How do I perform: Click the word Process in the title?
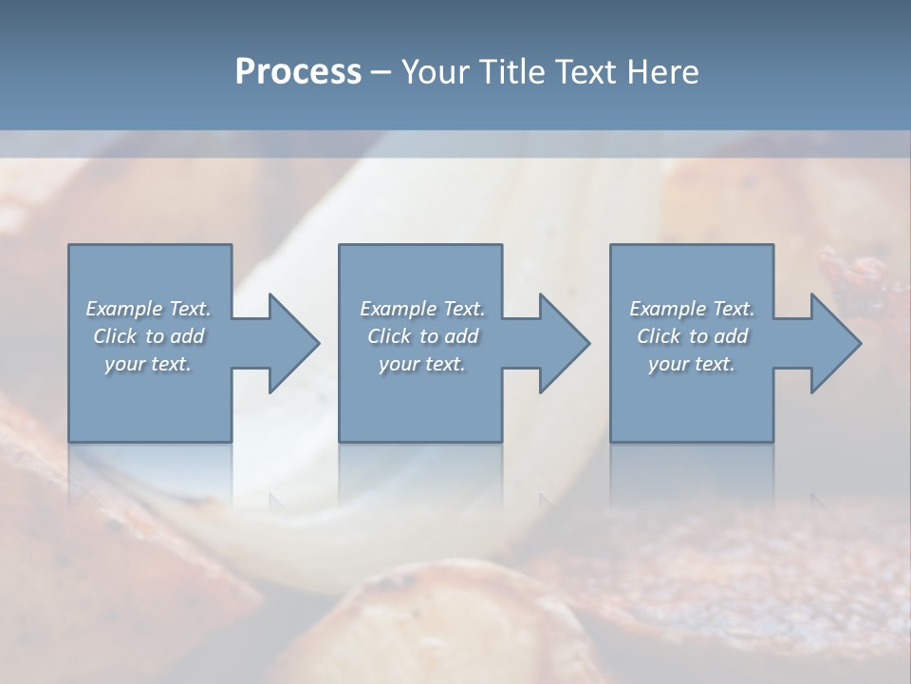[x=298, y=72]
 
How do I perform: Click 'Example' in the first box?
[x=125, y=309]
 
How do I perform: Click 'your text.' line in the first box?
[x=148, y=364]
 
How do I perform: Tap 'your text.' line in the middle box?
[x=422, y=364]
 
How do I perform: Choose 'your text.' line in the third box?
[x=692, y=364]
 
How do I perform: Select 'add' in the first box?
[x=188, y=336]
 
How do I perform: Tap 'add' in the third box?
[x=732, y=336]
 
